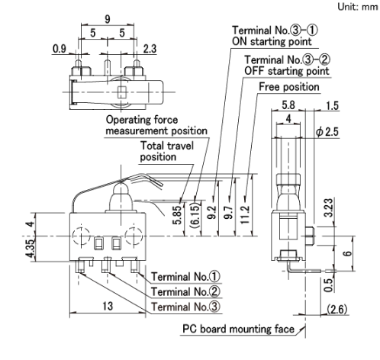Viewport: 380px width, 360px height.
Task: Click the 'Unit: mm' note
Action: (358, 7)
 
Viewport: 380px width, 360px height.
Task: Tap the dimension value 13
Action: (108, 306)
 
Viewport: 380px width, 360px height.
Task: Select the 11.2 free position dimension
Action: (245, 215)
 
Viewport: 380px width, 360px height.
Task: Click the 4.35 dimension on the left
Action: (31, 249)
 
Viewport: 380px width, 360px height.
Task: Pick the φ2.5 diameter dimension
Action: (327, 132)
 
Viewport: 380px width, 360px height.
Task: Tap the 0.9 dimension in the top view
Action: (60, 49)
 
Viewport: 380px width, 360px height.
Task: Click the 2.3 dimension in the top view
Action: (150, 49)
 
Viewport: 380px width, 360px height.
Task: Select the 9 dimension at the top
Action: (108, 19)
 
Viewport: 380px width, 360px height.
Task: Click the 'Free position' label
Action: (289, 87)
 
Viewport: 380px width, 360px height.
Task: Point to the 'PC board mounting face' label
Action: (238, 329)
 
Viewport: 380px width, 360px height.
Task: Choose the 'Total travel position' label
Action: (167, 151)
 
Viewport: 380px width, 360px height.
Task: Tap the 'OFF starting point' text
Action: (287, 71)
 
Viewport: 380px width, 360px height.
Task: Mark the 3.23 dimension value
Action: (329, 208)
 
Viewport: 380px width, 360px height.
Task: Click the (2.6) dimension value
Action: (337, 310)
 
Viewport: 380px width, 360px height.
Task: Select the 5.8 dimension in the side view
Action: (288, 104)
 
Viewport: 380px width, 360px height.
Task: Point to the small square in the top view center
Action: (122, 92)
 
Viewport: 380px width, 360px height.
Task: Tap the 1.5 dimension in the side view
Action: (333, 106)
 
